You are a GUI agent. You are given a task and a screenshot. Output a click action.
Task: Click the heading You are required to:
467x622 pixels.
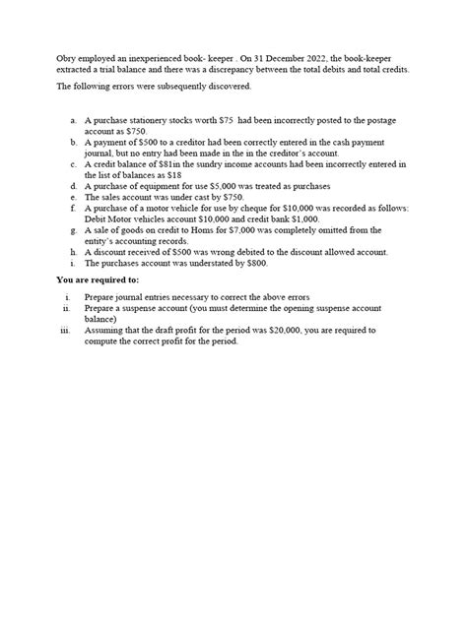coord(97,280)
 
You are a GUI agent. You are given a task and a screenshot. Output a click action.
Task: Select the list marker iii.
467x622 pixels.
coord(64,332)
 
